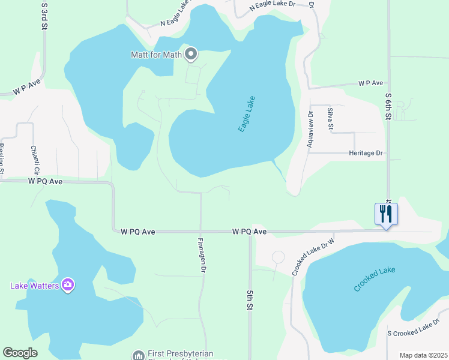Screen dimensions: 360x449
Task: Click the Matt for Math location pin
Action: coord(191,55)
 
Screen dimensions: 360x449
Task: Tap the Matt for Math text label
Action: coord(157,55)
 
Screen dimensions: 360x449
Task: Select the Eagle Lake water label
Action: coord(247,114)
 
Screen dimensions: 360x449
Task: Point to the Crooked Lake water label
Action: coord(375,279)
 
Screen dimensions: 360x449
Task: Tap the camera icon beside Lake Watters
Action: coord(68,284)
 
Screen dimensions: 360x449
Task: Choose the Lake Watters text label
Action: coord(34,285)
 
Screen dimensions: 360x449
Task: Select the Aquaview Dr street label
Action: coord(310,129)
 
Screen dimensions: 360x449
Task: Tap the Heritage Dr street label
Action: coord(366,153)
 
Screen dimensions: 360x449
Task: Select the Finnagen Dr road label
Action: coord(202,256)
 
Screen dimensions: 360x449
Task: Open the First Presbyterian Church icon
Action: coord(139,355)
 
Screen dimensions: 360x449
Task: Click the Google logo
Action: coord(20,353)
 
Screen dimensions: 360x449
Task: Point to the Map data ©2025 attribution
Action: coord(423,355)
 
